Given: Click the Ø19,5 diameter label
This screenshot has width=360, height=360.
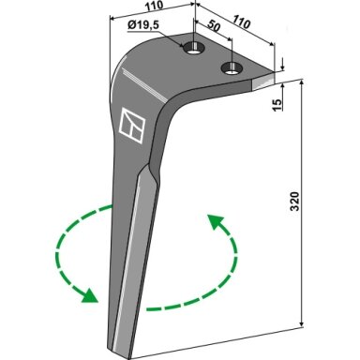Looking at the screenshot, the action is (143, 25).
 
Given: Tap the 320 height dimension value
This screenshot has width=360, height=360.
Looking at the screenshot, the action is (295, 202).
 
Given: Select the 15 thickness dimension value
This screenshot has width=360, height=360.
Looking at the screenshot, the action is (277, 104).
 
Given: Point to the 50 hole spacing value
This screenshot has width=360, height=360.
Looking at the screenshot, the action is (214, 26).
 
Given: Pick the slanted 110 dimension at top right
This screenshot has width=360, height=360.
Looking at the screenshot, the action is (241, 22).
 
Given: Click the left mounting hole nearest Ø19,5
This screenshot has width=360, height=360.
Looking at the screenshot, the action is (194, 49).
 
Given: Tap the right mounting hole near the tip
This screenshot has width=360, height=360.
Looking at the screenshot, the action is (232, 67).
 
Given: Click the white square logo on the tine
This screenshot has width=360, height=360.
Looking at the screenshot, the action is (132, 126).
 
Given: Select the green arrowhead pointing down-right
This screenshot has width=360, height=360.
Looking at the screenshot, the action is (89, 295).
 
